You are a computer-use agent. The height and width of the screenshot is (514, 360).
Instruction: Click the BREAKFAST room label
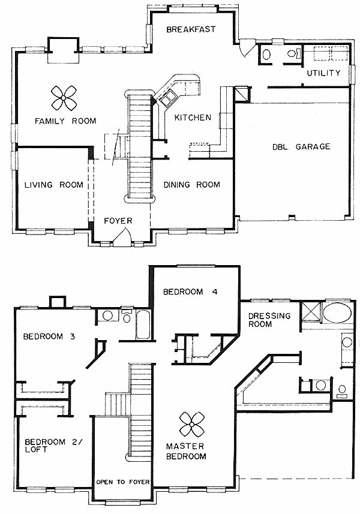pos(191,29)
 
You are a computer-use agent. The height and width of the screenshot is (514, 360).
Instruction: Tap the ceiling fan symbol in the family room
pos(64,98)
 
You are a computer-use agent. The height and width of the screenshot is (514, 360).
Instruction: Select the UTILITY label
pos(323,73)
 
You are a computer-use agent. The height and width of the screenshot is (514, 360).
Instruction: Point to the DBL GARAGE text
pos(301,146)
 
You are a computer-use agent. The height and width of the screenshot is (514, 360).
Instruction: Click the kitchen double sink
pos(169,98)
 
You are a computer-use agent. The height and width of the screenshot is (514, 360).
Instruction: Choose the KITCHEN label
pos(193,118)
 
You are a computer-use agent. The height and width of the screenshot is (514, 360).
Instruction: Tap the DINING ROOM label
pos(191,185)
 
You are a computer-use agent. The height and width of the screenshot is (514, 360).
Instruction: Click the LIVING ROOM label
pos(54,185)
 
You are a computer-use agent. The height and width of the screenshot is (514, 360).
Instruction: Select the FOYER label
pos(118,221)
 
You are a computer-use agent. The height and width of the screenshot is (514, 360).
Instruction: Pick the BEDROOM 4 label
pos(190,291)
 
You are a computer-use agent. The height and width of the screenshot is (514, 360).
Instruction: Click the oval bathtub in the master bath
pos(337,312)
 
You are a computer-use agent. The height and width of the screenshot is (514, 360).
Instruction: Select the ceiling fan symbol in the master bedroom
pos(192,425)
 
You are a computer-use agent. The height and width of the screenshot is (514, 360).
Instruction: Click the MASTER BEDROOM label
pos(186,451)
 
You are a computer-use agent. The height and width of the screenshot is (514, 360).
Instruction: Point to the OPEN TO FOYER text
pos(122,482)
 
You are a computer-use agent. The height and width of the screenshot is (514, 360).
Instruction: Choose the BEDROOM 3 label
pos(49,336)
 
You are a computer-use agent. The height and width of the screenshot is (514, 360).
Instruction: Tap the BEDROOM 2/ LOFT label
pos(53,446)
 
